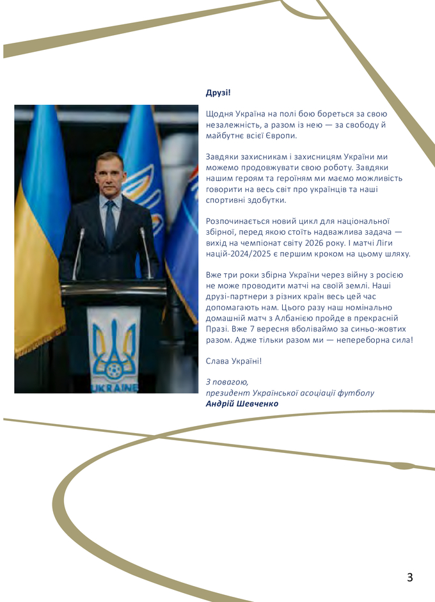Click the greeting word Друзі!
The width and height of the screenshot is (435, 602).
pos(218,93)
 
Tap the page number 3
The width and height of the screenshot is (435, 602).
pos(409,577)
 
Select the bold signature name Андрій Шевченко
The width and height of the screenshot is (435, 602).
pos(242,404)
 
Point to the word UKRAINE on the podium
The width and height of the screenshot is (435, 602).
pos(114,387)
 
